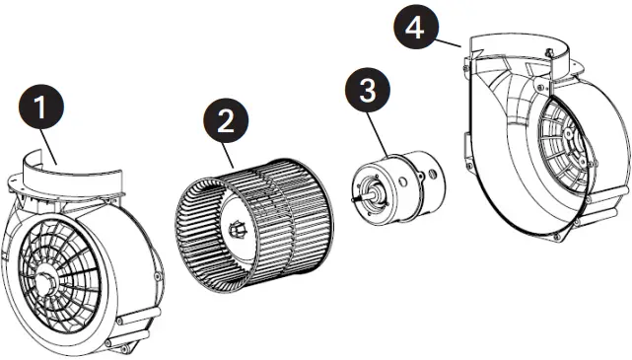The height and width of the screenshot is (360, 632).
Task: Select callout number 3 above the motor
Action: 367,92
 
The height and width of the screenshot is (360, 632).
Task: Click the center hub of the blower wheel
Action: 238,231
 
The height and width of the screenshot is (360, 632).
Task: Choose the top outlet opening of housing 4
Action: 513,44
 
